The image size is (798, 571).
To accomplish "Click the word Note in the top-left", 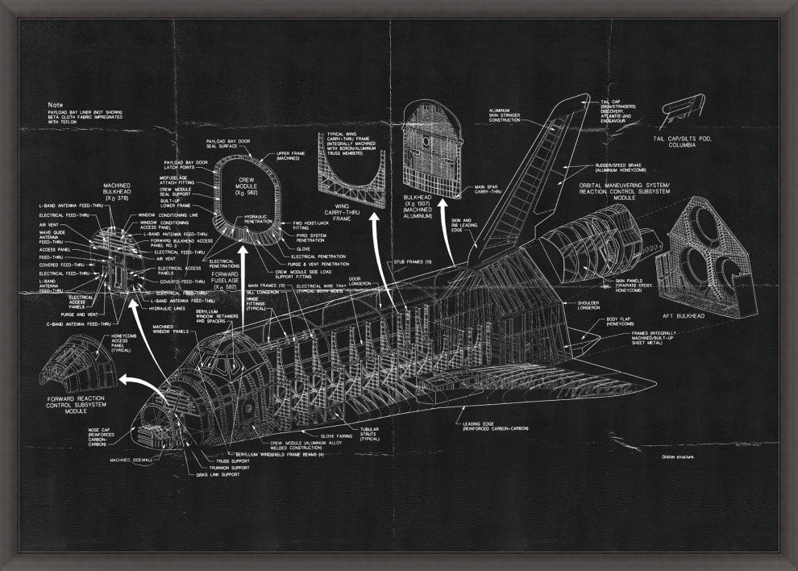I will pos(55,105).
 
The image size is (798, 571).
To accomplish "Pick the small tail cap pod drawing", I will pos(684,112).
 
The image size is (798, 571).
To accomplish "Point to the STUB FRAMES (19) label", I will pos(412,261).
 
